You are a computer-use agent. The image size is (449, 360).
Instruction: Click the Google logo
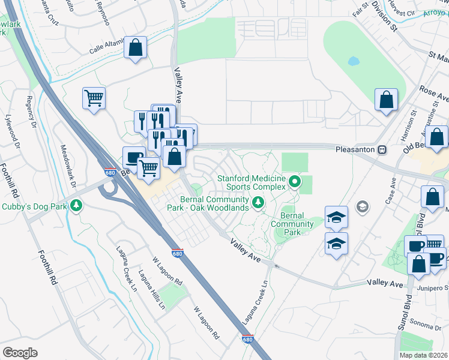pyautogui.click(x=20, y=353)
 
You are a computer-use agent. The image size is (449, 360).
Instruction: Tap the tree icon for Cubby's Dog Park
pyautogui.click(x=76, y=206)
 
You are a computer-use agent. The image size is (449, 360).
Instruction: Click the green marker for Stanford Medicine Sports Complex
pyautogui.click(x=294, y=181)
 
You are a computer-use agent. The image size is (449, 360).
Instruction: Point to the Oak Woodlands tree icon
pyautogui.click(x=258, y=203)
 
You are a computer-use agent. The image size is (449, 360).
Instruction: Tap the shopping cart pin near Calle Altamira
pyautogui.click(x=94, y=97)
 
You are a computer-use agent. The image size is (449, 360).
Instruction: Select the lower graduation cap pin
pyautogui.click(x=336, y=242)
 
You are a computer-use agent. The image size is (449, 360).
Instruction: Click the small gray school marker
pyautogui.click(x=361, y=207)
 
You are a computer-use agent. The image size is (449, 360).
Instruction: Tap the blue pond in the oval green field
pyautogui.click(x=353, y=61)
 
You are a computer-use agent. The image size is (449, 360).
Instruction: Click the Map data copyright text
pyautogui.click(x=423, y=355)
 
